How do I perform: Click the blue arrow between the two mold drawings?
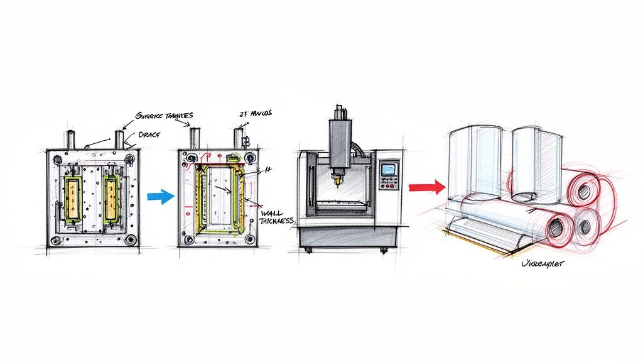160,196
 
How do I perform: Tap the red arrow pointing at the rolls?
426,186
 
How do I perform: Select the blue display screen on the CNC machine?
389,168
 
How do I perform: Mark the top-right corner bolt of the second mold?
251,156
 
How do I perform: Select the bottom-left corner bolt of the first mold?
57,240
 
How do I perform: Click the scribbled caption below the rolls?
543,264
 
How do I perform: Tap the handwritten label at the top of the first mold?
165,115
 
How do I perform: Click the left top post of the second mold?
195,138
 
